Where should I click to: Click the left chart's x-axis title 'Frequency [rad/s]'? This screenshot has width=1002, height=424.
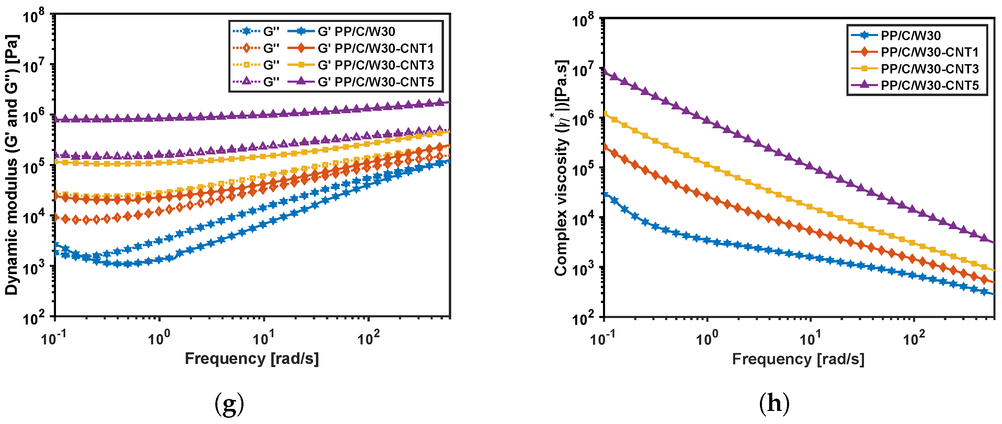[252, 358]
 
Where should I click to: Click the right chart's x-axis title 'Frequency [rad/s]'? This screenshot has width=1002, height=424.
[798, 359]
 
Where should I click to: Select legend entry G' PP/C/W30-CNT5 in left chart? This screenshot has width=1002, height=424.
[375, 82]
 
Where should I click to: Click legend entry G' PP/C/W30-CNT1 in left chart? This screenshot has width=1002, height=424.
[375, 48]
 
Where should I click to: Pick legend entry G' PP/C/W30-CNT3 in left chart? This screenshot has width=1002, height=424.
[375, 65]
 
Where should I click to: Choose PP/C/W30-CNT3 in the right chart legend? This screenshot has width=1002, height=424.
[929, 69]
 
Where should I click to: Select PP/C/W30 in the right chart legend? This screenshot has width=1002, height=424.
[910, 35]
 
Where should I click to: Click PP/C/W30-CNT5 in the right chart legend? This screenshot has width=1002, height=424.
[929, 85]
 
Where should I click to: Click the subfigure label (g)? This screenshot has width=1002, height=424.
[229, 404]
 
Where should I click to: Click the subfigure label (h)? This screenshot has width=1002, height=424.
[774, 404]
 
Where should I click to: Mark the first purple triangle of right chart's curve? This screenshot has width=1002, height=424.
[604, 71]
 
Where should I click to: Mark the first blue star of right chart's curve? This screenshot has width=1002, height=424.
[605, 193]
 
